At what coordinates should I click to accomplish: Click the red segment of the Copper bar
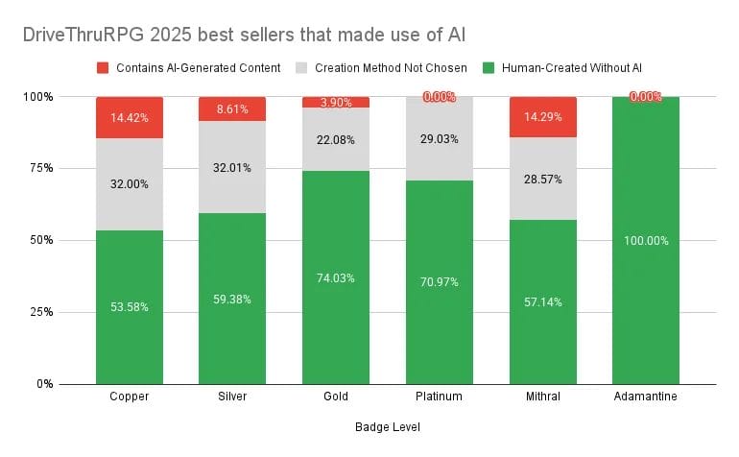pos(130,117)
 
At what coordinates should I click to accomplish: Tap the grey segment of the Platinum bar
pos(439,138)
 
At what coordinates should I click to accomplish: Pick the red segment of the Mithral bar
pos(542,117)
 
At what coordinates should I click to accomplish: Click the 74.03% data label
pos(336,278)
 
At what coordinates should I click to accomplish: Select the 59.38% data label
pos(232,299)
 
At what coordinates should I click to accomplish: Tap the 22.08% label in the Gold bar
pos(336,140)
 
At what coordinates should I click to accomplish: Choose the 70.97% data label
pos(439,282)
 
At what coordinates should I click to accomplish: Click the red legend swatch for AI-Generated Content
pos(104,67)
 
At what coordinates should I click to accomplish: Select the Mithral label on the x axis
pos(542,397)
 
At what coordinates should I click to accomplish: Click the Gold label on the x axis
pos(336,397)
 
